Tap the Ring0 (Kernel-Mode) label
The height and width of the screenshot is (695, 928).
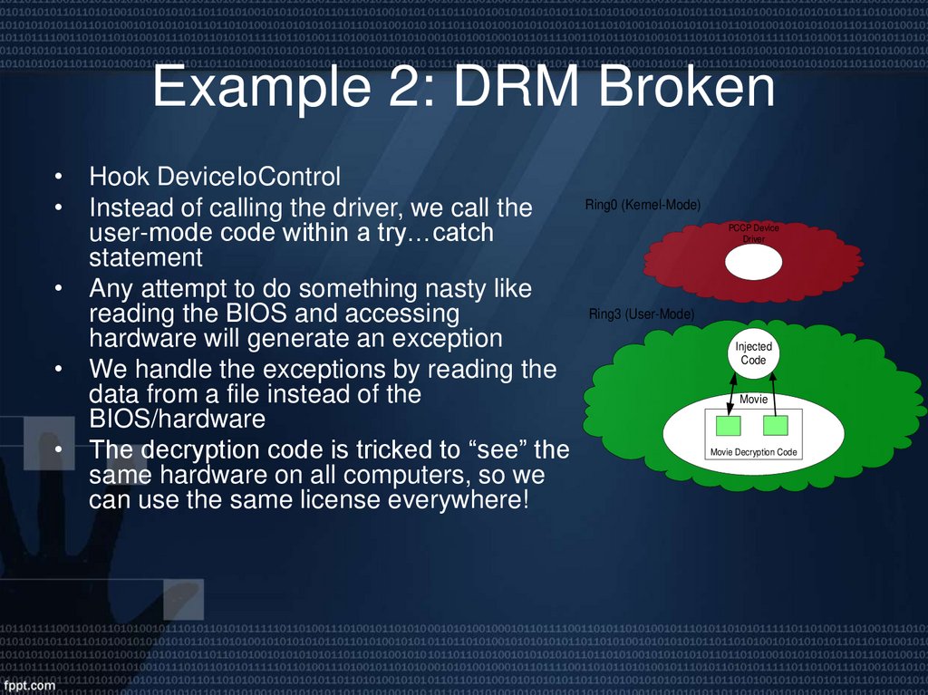click(643, 206)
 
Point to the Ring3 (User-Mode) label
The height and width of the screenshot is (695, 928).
click(642, 314)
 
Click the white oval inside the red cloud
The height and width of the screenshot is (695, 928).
click(753, 262)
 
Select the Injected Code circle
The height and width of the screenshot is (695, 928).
click(753, 353)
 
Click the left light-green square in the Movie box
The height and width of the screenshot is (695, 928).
click(728, 426)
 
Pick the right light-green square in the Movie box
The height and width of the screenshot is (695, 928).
click(775, 426)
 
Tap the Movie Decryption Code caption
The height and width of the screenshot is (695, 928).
click(753, 451)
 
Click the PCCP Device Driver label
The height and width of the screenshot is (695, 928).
click(753, 234)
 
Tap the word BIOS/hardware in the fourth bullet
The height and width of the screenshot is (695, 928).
click(177, 420)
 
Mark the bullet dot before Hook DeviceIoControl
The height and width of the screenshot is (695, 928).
click(58, 176)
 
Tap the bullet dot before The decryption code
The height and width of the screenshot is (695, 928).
click(58, 450)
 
